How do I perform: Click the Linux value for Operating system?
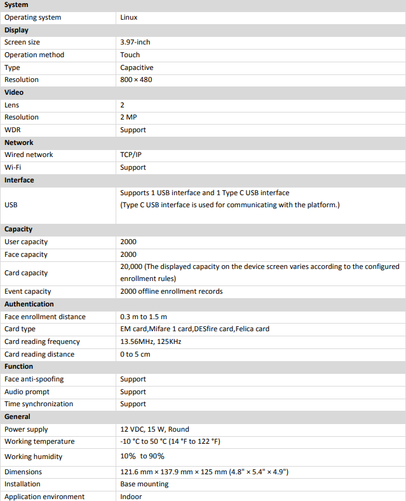[128, 17]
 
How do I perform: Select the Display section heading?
[17, 30]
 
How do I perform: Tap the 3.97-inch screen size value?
[135, 42]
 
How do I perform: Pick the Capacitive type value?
[137, 67]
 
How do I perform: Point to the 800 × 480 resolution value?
[136, 79]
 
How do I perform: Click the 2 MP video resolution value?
[128, 117]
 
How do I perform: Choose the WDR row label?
[13, 130]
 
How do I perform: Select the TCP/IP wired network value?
[131, 154]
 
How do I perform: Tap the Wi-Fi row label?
[13, 167]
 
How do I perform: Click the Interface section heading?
[19, 180]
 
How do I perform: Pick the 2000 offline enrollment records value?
[171, 291]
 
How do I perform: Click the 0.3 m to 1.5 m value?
[144, 317]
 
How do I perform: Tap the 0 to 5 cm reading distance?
[135, 354]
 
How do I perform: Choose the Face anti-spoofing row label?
[34, 379]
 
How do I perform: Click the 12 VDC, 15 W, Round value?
[154, 429]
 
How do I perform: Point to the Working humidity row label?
[33, 456]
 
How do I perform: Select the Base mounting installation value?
[144, 484]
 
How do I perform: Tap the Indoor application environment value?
[131, 497]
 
